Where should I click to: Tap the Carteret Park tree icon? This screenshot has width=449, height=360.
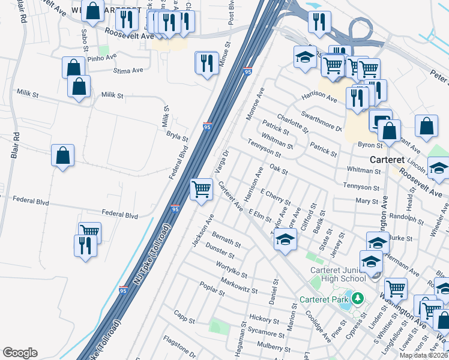357,298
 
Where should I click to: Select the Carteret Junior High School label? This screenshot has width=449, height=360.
337,274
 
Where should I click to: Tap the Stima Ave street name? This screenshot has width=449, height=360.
128,70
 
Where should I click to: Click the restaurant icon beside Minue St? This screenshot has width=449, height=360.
206,62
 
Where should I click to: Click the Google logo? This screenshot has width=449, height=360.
20,353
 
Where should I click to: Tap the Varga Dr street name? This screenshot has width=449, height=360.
221,160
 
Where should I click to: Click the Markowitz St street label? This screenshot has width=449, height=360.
238,286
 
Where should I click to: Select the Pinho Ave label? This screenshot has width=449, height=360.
101,58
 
